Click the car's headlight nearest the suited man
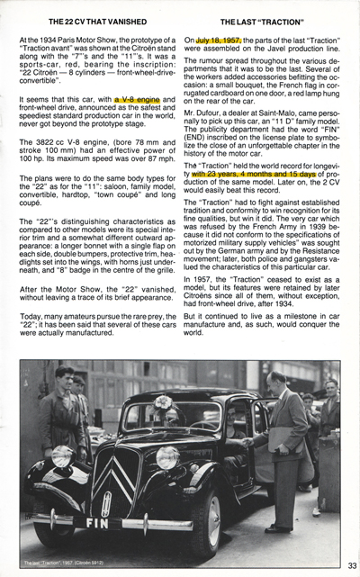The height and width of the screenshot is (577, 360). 168,457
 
